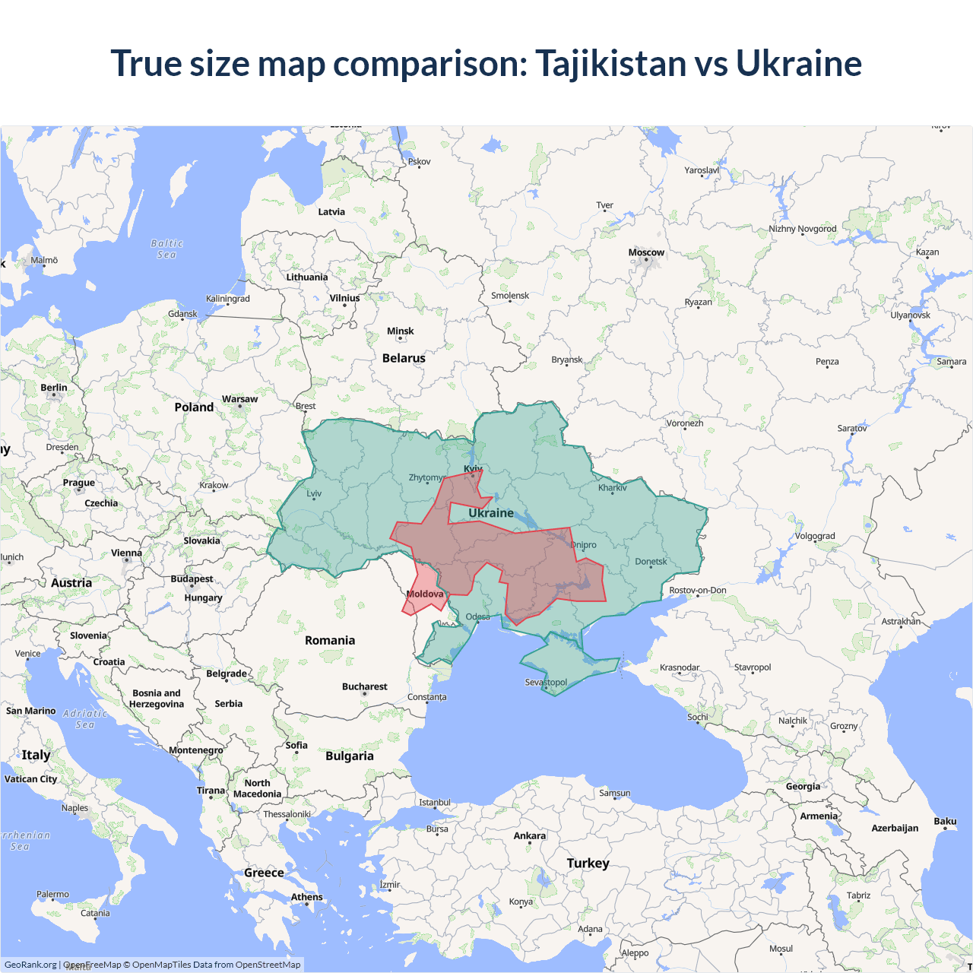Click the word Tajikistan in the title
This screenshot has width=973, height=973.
tap(610, 64)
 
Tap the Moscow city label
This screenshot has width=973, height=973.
tap(646, 252)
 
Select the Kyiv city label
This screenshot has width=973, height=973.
tap(473, 469)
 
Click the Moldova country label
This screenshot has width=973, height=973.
tap(425, 594)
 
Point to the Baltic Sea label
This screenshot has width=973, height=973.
tap(167, 249)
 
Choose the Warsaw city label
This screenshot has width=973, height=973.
tap(239, 399)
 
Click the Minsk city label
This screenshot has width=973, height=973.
tap(400, 331)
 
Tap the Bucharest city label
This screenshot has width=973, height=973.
tap(364, 686)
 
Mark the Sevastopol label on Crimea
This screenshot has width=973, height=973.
tap(546, 682)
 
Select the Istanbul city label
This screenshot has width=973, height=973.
tap(435, 803)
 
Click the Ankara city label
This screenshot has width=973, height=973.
tap(529, 835)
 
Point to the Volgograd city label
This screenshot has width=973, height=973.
tap(815, 536)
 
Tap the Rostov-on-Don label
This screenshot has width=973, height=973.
tap(698, 590)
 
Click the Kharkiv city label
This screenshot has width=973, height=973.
tap(612, 488)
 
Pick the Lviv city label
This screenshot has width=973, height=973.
tap(314, 493)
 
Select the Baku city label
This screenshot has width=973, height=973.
tap(945, 821)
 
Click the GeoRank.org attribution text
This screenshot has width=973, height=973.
tap(30, 965)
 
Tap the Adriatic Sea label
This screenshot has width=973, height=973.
tap(85, 719)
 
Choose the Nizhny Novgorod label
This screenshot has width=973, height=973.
tap(802, 229)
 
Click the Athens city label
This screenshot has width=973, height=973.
tap(306, 897)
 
